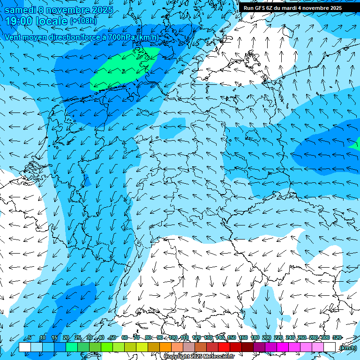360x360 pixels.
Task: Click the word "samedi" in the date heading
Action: point(20,10)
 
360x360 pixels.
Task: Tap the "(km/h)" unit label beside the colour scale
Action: point(347,348)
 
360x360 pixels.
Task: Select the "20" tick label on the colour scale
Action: point(66,338)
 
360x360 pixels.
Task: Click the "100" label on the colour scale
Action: point(173,338)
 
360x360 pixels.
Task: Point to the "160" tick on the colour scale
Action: point(243,338)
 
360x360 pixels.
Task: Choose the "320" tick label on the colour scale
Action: point(337,338)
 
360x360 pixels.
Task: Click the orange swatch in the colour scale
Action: point(165,347)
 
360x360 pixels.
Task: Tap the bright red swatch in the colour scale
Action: point(224,347)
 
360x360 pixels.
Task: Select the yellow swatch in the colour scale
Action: point(142,347)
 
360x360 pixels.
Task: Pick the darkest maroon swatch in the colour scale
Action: point(247,347)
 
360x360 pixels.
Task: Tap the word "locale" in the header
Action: point(52,21)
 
